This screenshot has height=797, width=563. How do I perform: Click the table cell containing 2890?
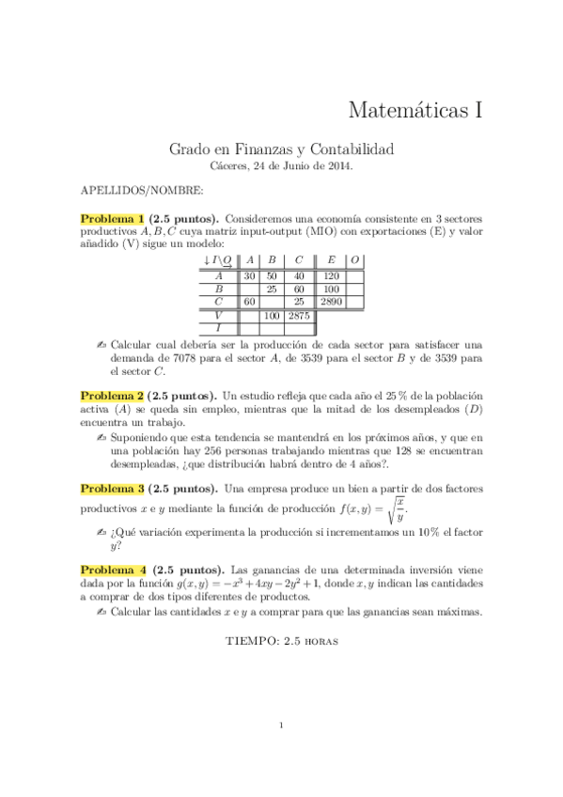[331, 303]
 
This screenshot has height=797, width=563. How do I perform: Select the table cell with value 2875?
[299, 316]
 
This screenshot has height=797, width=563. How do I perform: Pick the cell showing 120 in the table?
[331, 276]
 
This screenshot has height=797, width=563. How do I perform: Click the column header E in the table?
[331, 260]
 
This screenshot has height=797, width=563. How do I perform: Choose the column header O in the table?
[355, 260]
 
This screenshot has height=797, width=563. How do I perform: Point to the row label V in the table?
[218, 316]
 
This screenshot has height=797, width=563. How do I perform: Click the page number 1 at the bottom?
[281, 725]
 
